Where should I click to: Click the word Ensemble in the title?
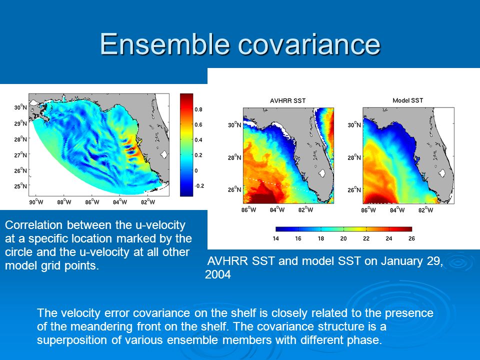pos(165,44)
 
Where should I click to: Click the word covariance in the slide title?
pos(309,44)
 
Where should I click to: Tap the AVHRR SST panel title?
pos(288,100)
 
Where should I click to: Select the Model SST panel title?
pos(408,100)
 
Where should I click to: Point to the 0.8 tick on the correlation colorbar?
pos(198,109)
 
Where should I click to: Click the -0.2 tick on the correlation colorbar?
pos(199,186)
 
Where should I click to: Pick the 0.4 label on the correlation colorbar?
pos(198,140)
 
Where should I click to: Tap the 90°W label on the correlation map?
pos(36,202)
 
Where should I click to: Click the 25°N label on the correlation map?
pos(20,186)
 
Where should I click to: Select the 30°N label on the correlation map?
pos(20,107)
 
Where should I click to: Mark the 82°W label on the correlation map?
pos(148,202)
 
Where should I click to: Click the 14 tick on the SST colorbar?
pos(276,238)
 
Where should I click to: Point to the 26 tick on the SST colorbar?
pos(411,238)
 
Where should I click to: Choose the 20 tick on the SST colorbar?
pos(343,238)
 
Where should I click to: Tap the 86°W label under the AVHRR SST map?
pos(249,210)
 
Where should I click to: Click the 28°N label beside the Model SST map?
pos(354,157)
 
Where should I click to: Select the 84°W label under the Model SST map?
pos(397,210)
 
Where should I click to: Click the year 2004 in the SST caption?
pos(218,274)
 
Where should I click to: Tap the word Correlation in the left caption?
pos(33,225)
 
